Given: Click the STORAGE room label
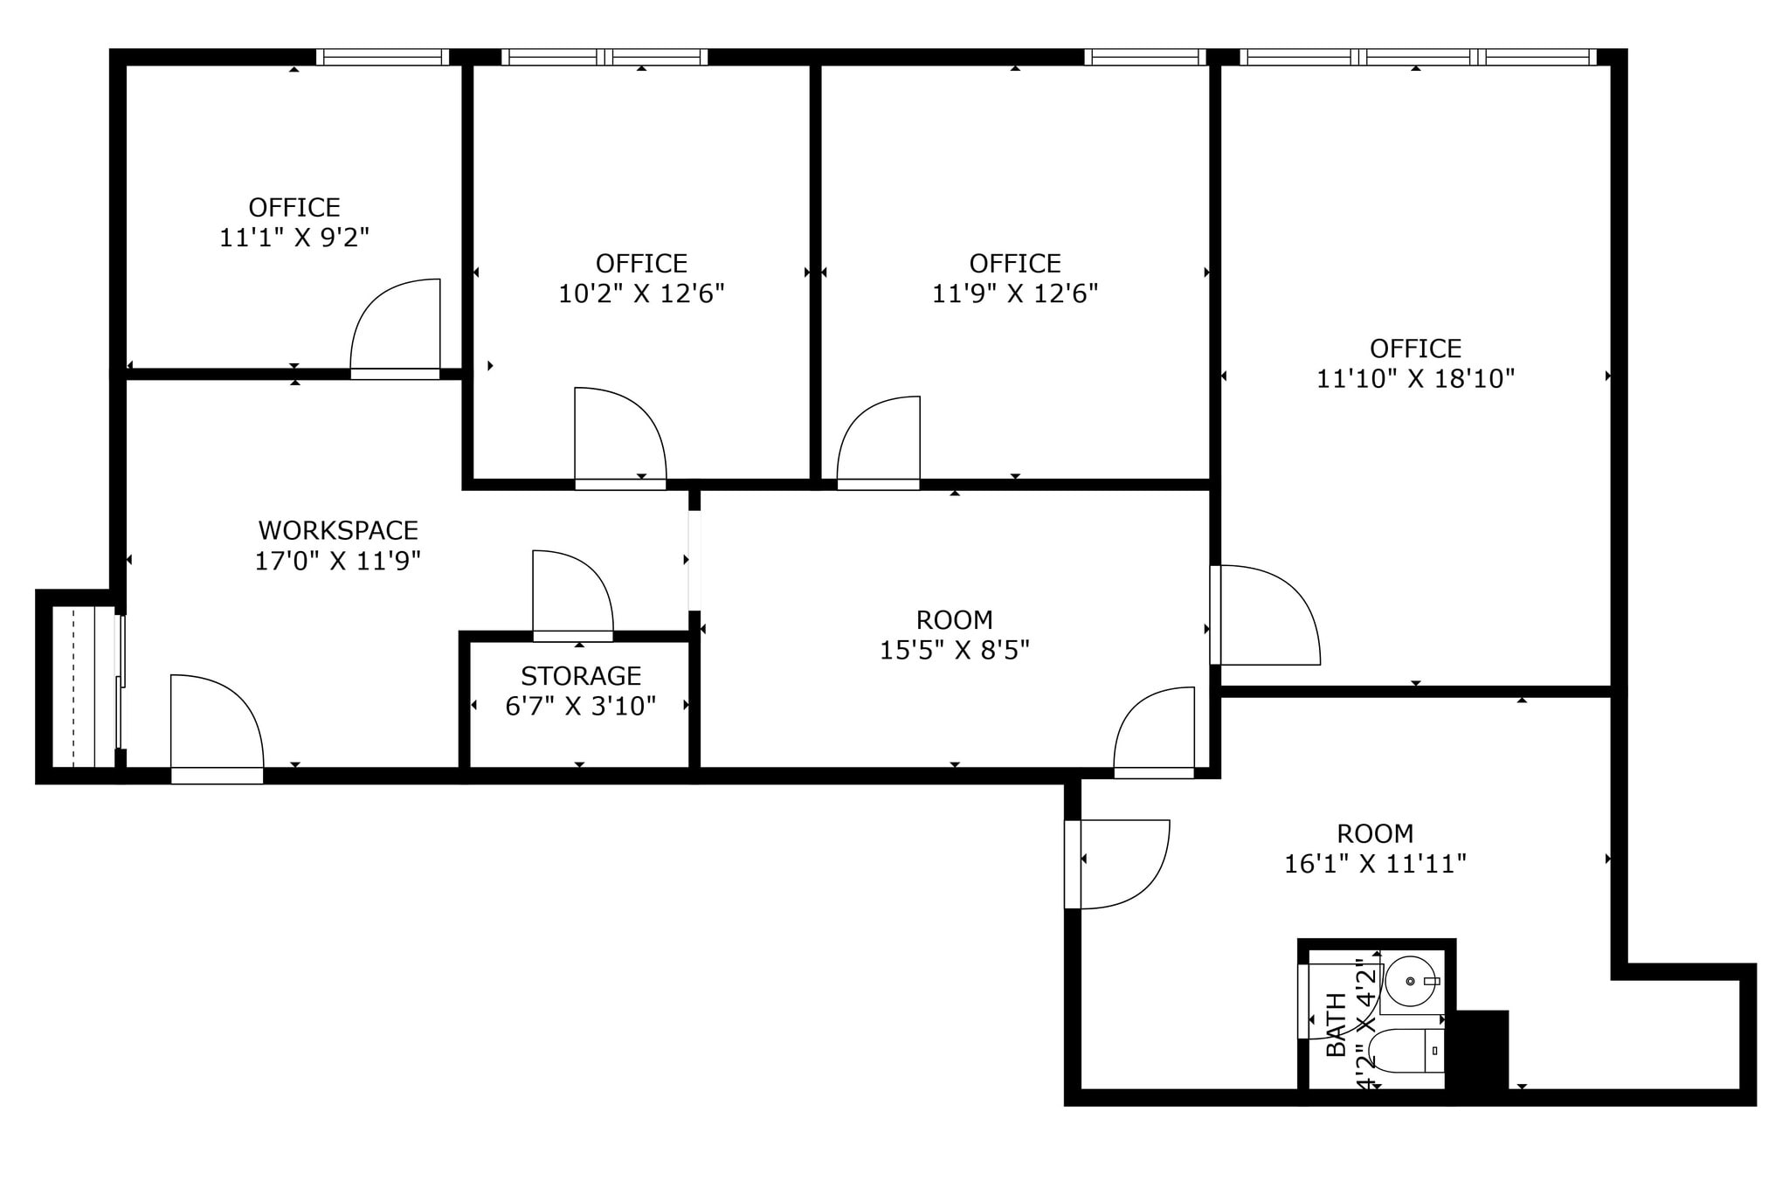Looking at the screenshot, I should (581, 676).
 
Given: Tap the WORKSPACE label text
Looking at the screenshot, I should (338, 530).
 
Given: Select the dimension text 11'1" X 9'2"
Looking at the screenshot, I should (294, 238).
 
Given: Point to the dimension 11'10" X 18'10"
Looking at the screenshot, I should (1415, 379).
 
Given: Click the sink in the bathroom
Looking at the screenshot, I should (1410, 981).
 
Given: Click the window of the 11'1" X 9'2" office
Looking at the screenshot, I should (382, 58).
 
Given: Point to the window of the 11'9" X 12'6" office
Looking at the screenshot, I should (1144, 58).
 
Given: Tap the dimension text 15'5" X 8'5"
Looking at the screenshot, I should (954, 651).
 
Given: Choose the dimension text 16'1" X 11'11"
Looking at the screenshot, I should (1374, 865).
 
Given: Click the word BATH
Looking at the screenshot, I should (1337, 1025).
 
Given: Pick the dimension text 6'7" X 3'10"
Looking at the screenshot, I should (581, 707).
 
